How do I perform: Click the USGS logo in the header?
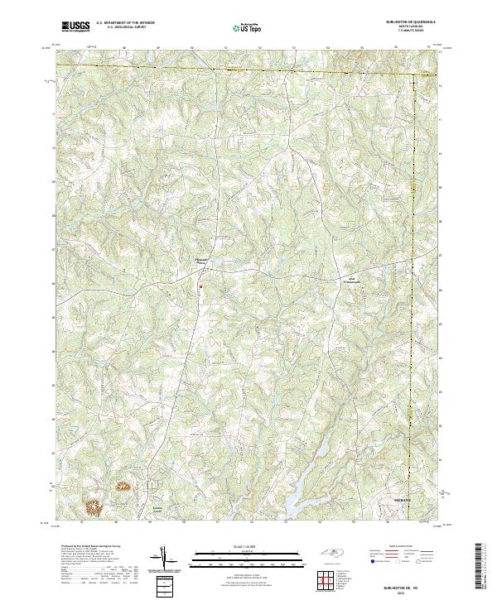tap(75, 26)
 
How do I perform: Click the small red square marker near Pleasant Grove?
tap(200, 287)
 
